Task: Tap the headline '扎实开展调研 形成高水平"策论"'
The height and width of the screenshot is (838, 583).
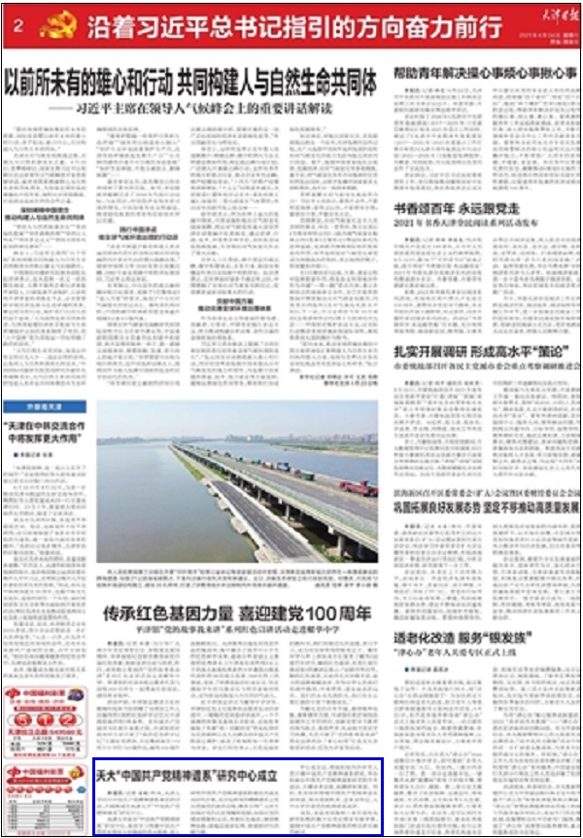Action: (471, 350)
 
